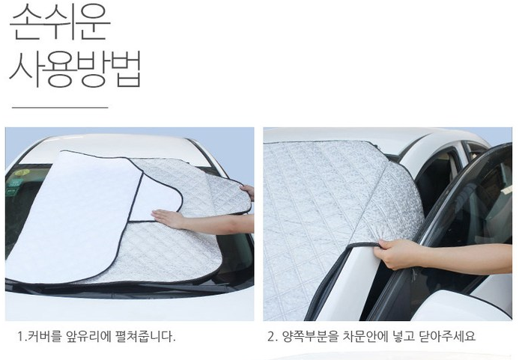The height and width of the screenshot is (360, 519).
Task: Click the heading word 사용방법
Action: pos(76,69)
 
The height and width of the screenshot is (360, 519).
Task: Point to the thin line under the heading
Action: pos(60,107)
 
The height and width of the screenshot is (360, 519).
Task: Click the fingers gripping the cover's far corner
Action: pos(248,192)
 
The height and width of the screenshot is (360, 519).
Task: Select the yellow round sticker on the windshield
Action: pos(22,172)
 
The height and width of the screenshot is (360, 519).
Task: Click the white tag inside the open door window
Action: pos(506,189)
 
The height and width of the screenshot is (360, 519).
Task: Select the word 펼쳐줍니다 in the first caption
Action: pos(145,336)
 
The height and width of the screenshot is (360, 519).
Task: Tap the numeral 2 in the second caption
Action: pos(271,337)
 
